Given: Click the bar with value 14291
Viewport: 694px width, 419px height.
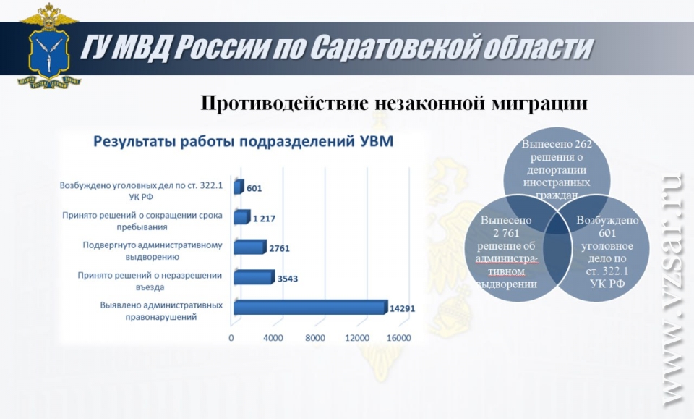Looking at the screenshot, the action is pos(311,308).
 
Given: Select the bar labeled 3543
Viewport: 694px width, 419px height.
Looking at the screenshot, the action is pos(254,277).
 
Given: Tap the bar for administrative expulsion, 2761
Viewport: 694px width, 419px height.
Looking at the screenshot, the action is pos(250,247).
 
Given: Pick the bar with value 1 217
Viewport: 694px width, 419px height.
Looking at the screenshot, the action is pos(242,217).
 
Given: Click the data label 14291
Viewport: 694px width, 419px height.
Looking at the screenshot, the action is pos(403,308).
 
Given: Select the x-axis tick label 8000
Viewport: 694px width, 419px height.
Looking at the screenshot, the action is pos(315,338).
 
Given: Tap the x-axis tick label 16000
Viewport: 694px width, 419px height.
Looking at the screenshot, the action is pos(399,338).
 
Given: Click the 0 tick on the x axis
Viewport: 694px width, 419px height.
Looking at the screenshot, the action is pos(231,338).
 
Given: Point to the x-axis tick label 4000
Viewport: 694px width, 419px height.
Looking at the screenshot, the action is pos(273,338).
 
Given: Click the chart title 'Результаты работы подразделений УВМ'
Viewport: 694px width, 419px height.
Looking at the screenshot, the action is pos(243,142).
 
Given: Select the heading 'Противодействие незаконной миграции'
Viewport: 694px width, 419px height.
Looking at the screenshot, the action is pos(395,103).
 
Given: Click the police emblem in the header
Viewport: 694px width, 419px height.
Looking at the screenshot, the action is pos(48,46).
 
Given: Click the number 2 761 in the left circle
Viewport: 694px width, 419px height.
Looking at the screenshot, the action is pos(506,233).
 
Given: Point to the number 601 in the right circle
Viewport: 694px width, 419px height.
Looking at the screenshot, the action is pos(607,233).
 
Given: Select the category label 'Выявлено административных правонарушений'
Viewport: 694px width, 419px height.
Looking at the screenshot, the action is pos(161,311).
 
